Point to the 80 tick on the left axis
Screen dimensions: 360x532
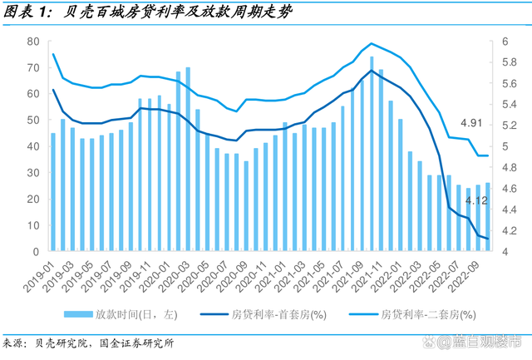click(x=33, y=41)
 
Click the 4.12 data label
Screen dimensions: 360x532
click(x=476, y=201)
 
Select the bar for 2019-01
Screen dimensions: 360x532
click(x=53, y=192)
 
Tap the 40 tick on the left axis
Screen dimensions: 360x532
click(x=33, y=146)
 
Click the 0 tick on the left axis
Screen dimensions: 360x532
click(x=37, y=252)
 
